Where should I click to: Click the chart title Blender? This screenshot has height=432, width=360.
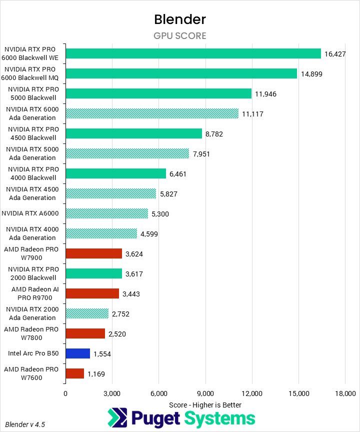180,19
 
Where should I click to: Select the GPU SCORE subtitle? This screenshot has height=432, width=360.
180,36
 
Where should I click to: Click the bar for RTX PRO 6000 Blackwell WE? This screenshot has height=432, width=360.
193,53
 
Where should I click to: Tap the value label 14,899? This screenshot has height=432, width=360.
311,74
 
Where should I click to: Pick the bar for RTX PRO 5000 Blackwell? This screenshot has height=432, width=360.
158,93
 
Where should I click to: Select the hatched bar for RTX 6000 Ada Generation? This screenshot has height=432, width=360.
152,113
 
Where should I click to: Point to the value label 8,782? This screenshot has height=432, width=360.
216,134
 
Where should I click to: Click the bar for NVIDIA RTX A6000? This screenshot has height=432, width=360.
106,213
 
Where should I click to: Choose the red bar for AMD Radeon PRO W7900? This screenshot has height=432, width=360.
93,253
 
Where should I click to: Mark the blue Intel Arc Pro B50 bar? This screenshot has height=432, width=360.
77,353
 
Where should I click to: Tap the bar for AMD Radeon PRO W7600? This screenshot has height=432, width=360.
74,373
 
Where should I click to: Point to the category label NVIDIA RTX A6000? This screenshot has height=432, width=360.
30,213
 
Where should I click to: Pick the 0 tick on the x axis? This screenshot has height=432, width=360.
65,393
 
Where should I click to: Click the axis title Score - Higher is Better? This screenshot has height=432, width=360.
205,404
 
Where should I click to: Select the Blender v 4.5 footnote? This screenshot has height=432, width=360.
25,424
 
